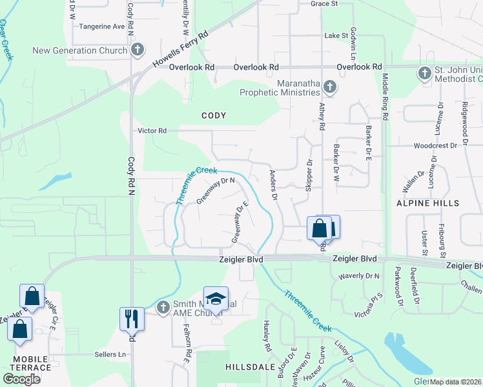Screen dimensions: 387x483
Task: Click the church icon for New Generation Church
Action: coord(138,50)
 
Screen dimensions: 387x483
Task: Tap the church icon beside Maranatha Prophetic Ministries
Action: coord(329,87)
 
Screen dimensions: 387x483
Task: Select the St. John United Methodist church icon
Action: coord(425,73)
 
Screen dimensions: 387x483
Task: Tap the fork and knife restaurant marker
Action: coord(131,318)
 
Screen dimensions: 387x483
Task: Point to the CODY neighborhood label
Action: coord(214,115)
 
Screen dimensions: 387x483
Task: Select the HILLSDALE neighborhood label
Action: coord(247,366)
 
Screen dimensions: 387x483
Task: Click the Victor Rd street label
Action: coord(152,130)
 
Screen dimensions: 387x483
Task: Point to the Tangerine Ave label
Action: coord(101,26)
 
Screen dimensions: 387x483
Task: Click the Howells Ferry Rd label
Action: coord(181,50)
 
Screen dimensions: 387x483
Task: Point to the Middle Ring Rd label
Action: coord(385,97)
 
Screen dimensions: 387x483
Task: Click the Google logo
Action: coord(22,379)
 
